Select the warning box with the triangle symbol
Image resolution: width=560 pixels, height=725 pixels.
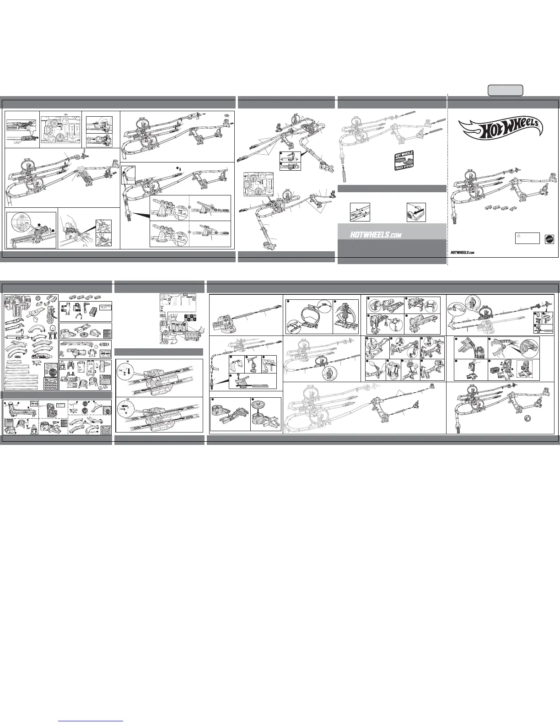pos(527,238)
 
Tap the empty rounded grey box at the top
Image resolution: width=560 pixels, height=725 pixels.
pos(505,90)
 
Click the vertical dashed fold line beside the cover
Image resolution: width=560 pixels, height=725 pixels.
pos(447,183)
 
